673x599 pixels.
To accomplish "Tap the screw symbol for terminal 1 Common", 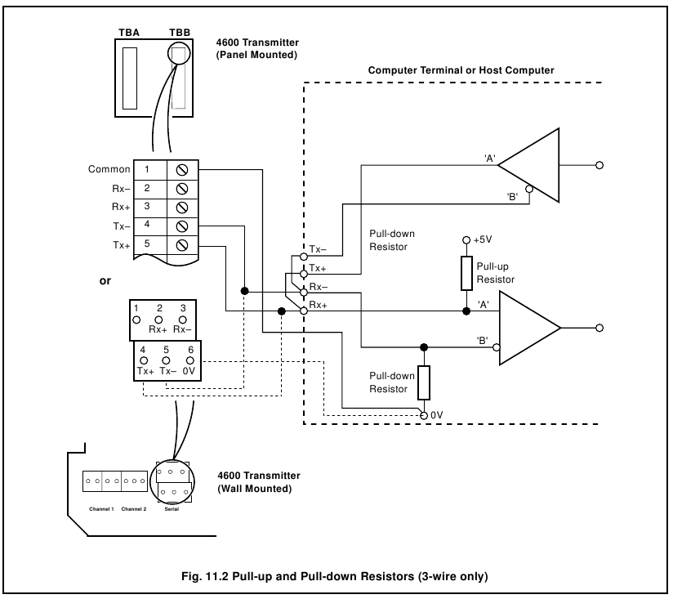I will [x=183, y=170].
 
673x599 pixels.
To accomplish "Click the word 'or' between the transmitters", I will [x=105, y=280].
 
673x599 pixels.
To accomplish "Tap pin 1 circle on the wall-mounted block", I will [x=138, y=318].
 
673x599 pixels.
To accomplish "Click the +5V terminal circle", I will [x=466, y=242].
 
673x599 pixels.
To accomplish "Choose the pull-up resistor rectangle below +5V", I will [x=466, y=273].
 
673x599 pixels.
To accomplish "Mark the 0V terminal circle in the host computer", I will [x=423, y=415].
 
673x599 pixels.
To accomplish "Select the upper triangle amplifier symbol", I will [x=529, y=164].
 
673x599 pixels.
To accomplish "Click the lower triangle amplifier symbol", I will [x=530, y=328].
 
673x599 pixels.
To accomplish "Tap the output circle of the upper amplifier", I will [x=600, y=164].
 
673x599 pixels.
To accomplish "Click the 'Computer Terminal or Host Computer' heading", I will [x=461, y=71].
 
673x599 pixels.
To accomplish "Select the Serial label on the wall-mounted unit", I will [x=172, y=507].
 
